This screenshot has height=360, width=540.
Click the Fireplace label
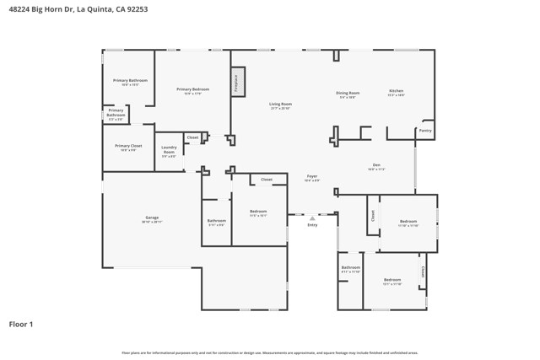[237, 81]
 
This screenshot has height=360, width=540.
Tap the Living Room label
[281, 104]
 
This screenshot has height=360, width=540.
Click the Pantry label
[425, 131]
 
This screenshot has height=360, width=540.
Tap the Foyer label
[312, 176]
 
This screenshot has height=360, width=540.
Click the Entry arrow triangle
[312, 218]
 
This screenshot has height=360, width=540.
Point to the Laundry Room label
[169, 150]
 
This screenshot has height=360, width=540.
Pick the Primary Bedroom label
[192, 89]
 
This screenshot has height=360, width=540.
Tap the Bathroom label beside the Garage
[217, 221]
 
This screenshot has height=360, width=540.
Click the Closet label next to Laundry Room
[192, 137]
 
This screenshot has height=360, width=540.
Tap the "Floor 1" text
[21, 324]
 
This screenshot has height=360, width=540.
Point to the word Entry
[312, 225]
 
